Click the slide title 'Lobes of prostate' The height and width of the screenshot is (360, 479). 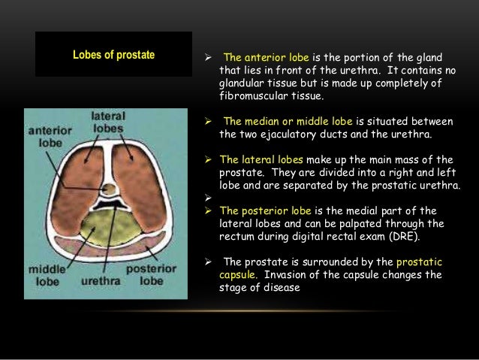113,55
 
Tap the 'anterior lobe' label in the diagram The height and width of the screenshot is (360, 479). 49,135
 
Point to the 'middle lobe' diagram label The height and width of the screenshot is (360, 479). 47,275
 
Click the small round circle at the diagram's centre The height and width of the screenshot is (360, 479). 110,188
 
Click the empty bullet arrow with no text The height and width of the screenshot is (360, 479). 209,198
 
